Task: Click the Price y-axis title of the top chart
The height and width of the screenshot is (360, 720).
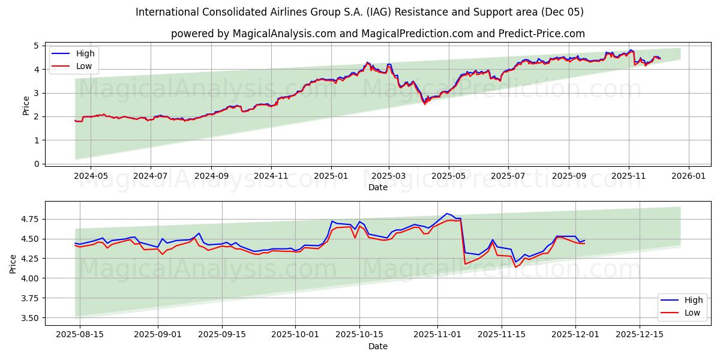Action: coord(26,105)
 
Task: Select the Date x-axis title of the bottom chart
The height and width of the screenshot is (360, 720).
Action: coord(378,346)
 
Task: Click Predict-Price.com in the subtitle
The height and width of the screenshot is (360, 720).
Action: coord(542,34)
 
